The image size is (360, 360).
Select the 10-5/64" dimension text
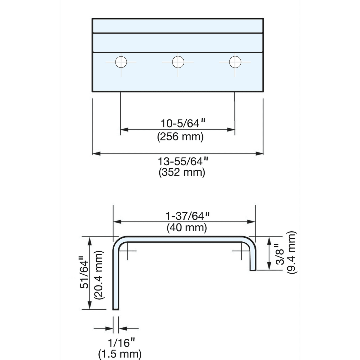tap(183, 123)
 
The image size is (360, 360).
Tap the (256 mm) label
tap(180, 137)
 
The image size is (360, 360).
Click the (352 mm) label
tap(182, 172)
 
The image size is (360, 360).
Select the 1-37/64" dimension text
tap(187, 216)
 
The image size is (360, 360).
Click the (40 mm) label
tap(187, 228)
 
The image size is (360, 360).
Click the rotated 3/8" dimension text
tap(280, 254)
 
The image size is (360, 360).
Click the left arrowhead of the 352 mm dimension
tap(96, 154)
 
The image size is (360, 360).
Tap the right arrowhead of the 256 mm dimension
tap(231, 130)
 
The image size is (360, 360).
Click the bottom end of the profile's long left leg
tap(115, 310)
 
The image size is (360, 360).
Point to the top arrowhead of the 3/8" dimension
tap(269, 241)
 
